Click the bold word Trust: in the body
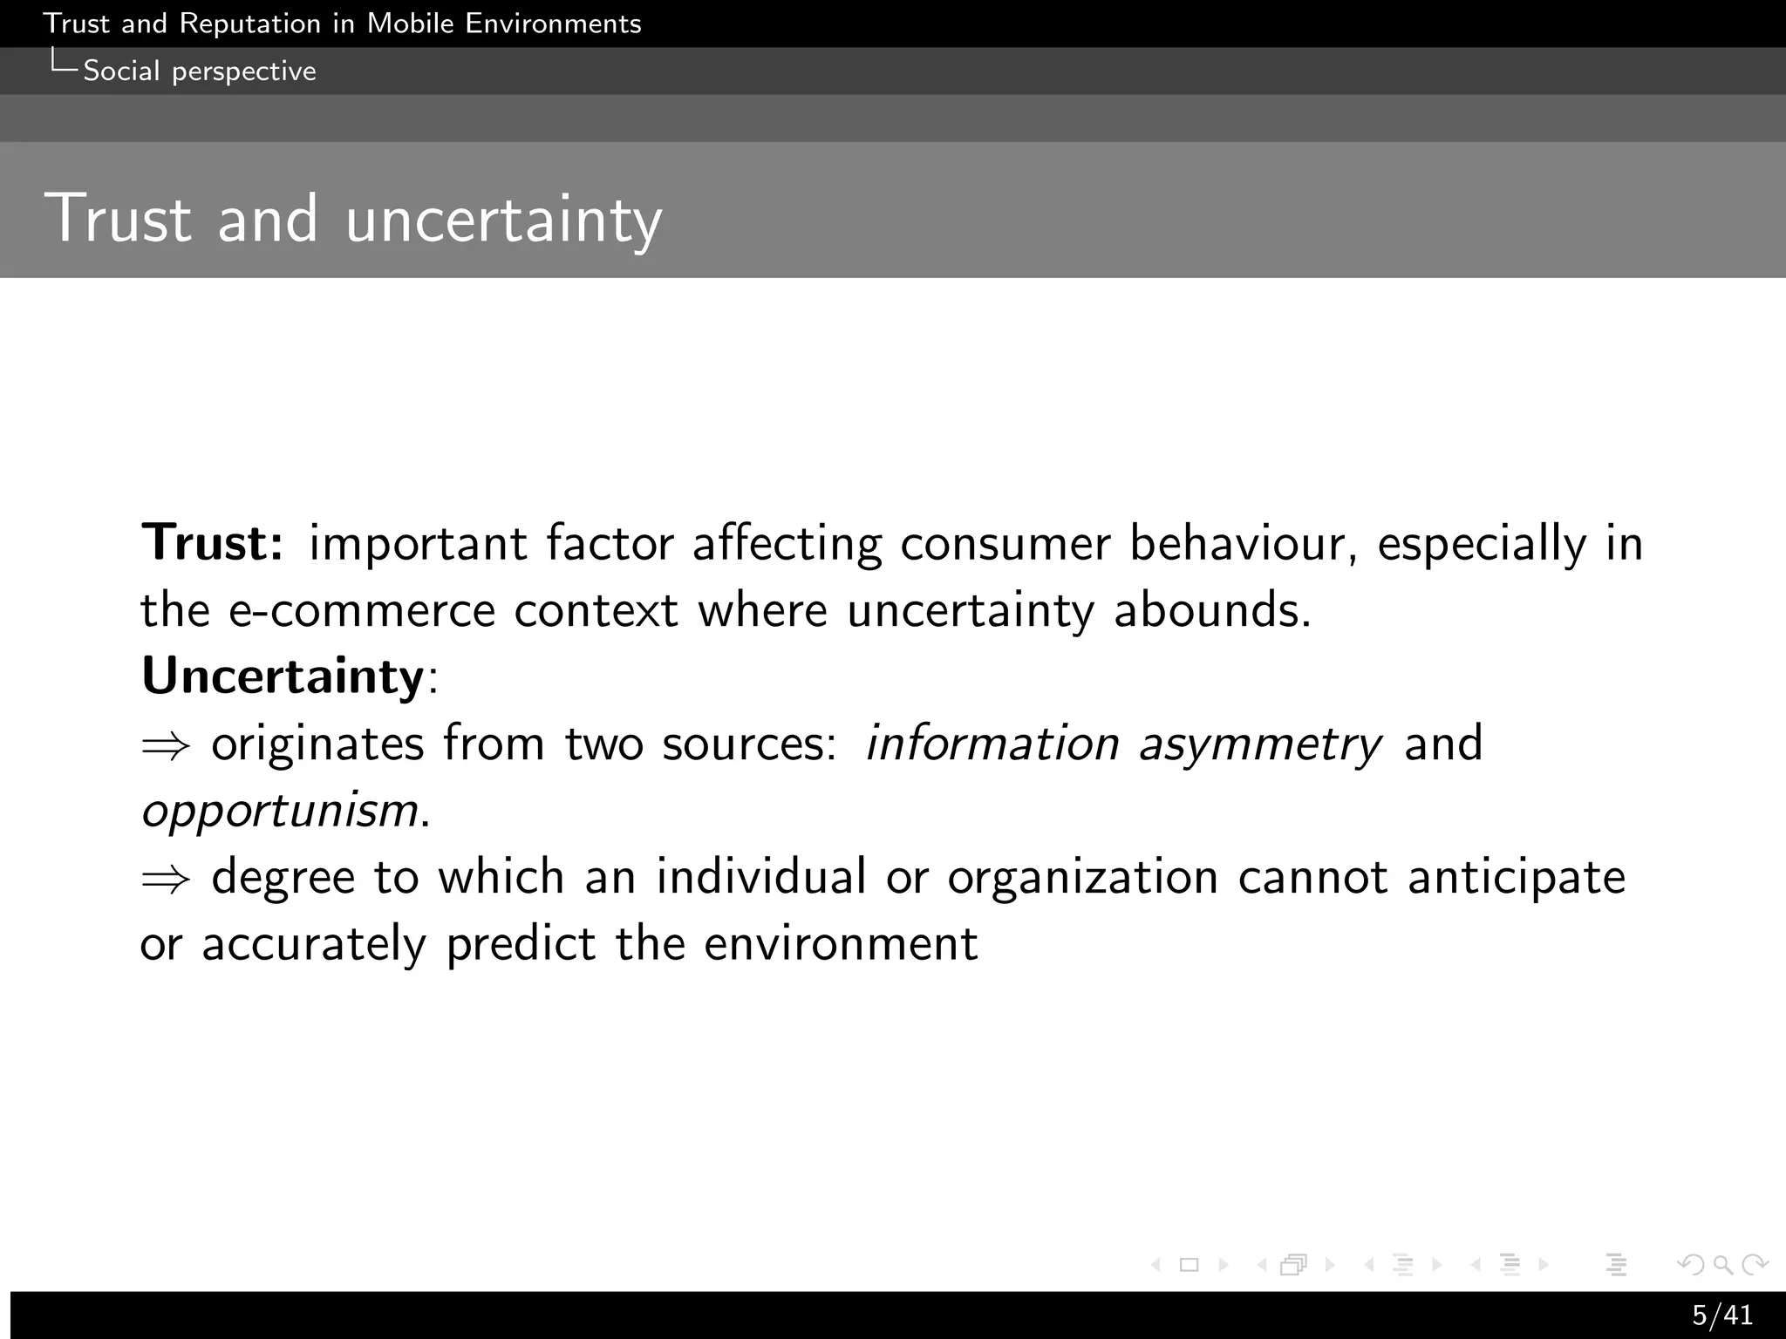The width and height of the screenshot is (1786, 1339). [x=213, y=542]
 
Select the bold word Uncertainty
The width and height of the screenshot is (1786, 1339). [x=283, y=676]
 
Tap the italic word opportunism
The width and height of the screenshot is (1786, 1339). [x=280, y=811]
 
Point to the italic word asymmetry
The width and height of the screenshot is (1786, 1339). [x=1260, y=744]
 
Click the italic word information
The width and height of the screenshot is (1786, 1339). [x=992, y=744]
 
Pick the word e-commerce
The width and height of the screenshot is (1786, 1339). [x=362, y=609]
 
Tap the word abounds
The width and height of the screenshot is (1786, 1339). [x=1212, y=609]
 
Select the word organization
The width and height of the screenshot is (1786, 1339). [x=1082, y=877]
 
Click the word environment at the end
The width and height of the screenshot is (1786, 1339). [x=841, y=944]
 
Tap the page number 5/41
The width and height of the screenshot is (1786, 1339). [x=1721, y=1315]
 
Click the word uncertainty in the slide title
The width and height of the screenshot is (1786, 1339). [x=504, y=219]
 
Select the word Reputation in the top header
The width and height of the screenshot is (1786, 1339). [x=250, y=24]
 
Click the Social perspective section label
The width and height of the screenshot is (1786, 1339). [x=199, y=71]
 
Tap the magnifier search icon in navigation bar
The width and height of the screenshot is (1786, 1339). [x=1722, y=1264]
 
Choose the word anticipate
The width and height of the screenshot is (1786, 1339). [x=1517, y=877]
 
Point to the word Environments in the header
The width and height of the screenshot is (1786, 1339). [x=553, y=24]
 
